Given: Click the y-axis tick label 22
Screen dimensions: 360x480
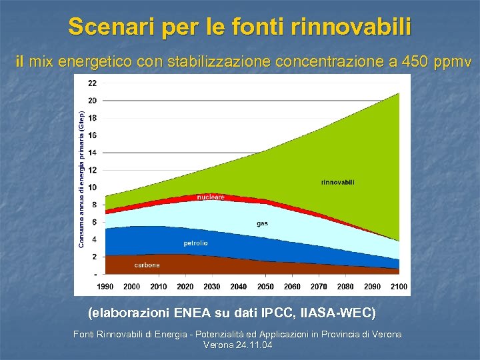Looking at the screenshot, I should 92,83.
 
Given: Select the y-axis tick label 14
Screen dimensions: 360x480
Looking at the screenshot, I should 92,153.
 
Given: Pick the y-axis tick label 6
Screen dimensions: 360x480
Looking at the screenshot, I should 94,222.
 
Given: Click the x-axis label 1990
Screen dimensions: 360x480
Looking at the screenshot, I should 105,286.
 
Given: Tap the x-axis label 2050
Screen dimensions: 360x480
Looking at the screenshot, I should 265,286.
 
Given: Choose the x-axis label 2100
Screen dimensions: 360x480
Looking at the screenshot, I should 399,286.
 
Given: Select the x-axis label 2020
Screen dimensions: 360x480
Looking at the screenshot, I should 185,286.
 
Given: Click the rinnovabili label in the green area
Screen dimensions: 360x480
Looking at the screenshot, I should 337,182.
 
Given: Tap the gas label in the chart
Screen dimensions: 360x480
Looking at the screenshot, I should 262,223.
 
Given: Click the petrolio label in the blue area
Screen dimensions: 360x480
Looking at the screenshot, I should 196,243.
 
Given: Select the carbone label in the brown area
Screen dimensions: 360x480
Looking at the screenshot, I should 147,265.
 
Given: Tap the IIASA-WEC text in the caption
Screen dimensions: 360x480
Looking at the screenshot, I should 338,313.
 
